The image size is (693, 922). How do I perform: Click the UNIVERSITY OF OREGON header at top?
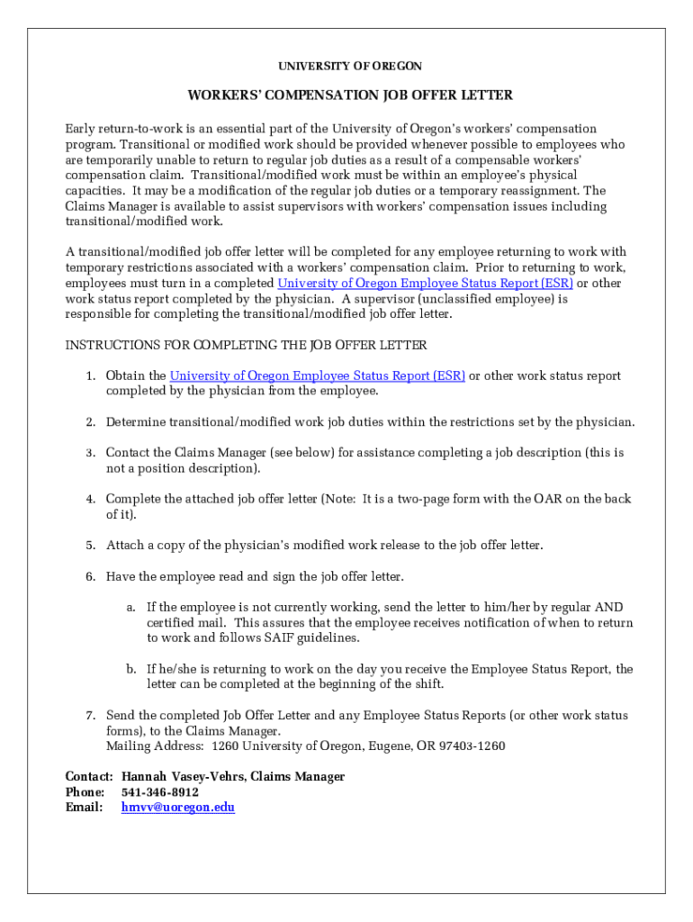pyautogui.click(x=349, y=67)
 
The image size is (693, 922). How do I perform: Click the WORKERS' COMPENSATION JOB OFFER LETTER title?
pyautogui.click(x=350, y=95)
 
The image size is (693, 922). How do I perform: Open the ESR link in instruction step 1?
pyautogui.click(x=317, y=376)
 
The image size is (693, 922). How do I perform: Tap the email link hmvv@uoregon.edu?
pyautogui.click(x=178, y=808)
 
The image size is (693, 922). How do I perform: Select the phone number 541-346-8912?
pyautogui.click(x=160, y=792)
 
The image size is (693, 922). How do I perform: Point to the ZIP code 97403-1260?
pyautogui.click(x=472, y=746)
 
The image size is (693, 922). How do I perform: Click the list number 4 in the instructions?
pyautogui.click(x=91, y=499)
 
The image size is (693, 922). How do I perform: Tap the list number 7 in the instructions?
pyautogui.click(x=91, y=716)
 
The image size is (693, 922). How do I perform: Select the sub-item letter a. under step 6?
pyautogui.click(x=131, y=608)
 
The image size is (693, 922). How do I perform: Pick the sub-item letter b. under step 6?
pyautogui.click(x=131, y=669)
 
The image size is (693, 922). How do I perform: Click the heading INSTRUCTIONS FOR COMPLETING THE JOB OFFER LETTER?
pyautogui.click(x=247, y=346)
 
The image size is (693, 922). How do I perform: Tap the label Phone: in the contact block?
pyautogui.click(x=85, y=792)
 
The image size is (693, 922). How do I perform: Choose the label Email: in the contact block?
pyautogui.click(x=85, y=808)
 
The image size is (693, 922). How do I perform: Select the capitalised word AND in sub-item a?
pyautogui.click(x=608, y=608)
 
